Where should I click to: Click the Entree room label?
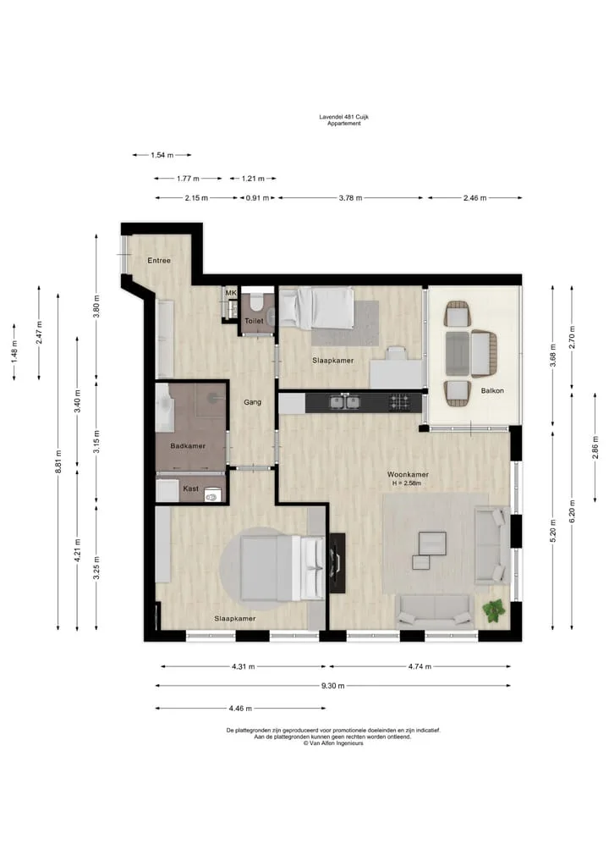159,260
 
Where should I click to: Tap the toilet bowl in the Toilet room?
255,303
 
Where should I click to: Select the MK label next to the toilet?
231,293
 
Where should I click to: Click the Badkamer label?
188,446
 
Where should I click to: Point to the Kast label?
191,488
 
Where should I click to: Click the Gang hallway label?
252,402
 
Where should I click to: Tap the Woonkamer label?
408,474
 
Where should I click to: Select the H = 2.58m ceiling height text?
407,483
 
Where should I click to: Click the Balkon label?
492,390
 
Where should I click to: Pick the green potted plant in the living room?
493,610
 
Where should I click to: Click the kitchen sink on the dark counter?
345,402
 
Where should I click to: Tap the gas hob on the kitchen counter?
399,402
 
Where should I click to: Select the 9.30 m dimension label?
333,685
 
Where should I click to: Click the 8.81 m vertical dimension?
58,461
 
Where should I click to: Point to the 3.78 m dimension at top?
350,197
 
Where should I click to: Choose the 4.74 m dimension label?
420,666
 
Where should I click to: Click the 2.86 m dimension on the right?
595,447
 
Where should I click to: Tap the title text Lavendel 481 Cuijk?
344,117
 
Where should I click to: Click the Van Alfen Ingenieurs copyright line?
333,743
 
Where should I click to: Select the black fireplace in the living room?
337,563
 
